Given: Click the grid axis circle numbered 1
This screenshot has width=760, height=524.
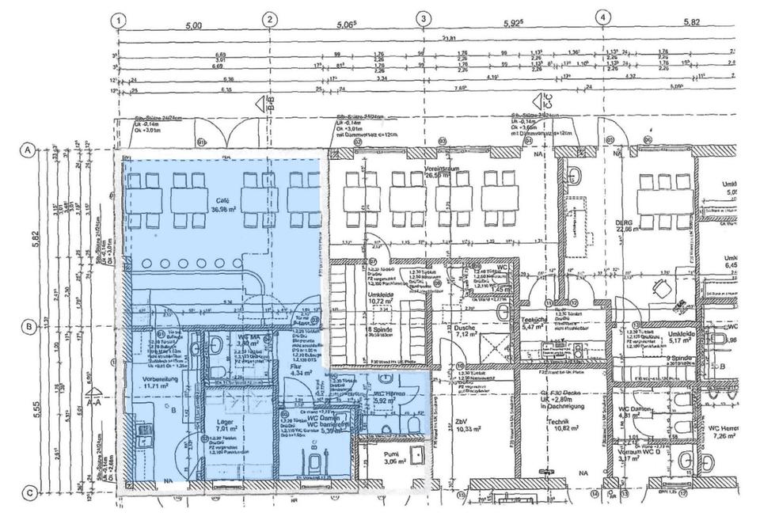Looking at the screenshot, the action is tap(118, 20).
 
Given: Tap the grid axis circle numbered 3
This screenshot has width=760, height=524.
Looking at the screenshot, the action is tap(424, 20).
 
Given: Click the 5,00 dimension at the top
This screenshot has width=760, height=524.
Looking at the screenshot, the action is tap(192, 25).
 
